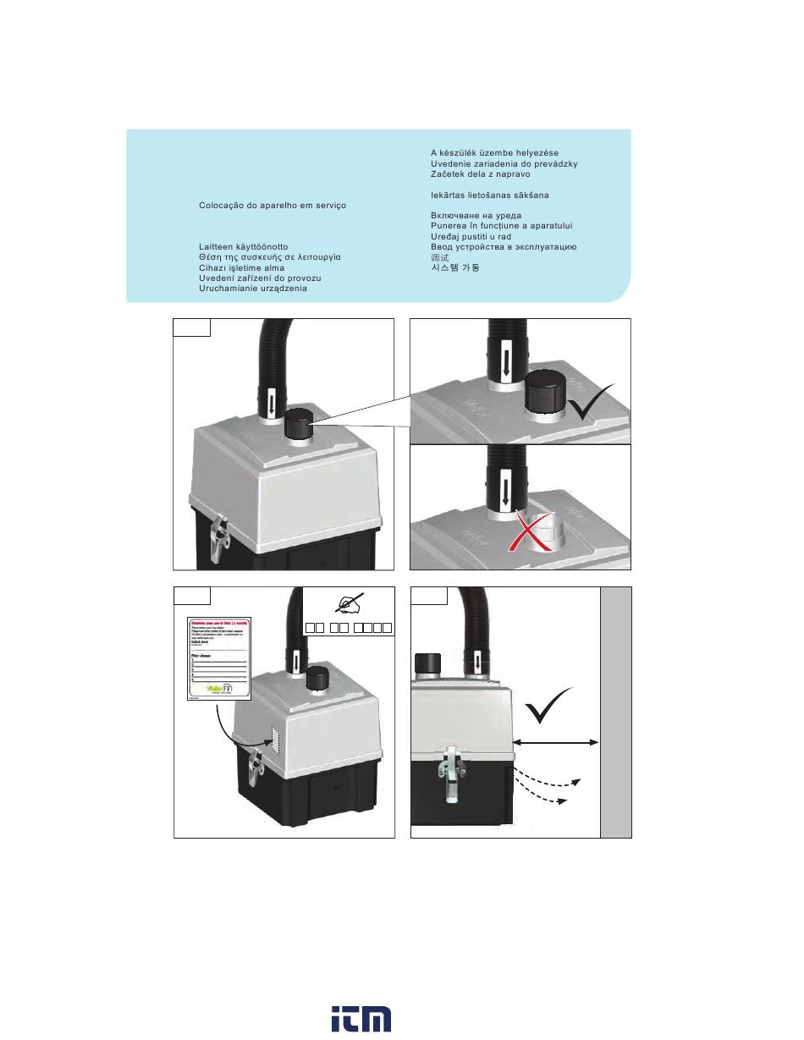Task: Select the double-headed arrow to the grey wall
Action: point(557,741)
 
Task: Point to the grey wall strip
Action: point(615,711)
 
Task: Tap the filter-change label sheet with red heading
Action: point(218,658)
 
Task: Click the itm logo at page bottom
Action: point(361,1019)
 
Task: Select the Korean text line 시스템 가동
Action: point(455,267)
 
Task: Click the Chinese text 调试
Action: point(439,257)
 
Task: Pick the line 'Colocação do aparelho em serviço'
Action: point(272,206)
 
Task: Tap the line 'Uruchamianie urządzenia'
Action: point(253,288)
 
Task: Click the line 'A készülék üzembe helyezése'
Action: point(494,153)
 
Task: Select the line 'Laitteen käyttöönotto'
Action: point(244,247)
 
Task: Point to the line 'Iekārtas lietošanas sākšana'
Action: point(489,195)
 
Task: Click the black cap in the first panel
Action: point(298,421)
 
